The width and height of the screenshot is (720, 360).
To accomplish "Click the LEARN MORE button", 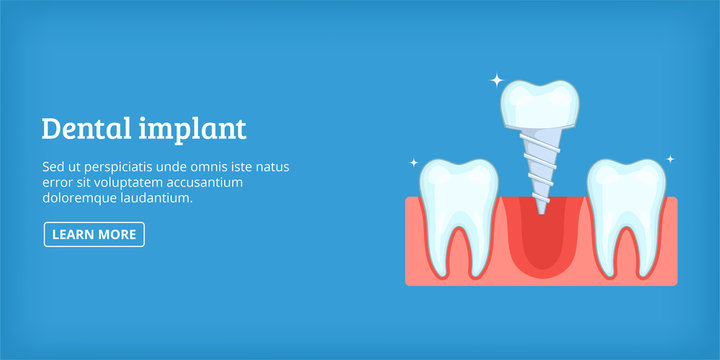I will tap(94, 234).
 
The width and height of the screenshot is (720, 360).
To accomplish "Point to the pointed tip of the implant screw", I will tap(541, 209).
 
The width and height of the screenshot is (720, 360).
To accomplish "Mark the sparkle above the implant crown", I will tap(496, 79).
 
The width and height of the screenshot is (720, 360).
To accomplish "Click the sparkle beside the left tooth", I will tap(413, 161).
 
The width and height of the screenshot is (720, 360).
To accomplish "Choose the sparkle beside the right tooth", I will tap(670, 158).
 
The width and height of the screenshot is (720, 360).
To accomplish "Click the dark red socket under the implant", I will tap(540, 245).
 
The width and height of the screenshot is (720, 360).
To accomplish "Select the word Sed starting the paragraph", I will tap(52, 167).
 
